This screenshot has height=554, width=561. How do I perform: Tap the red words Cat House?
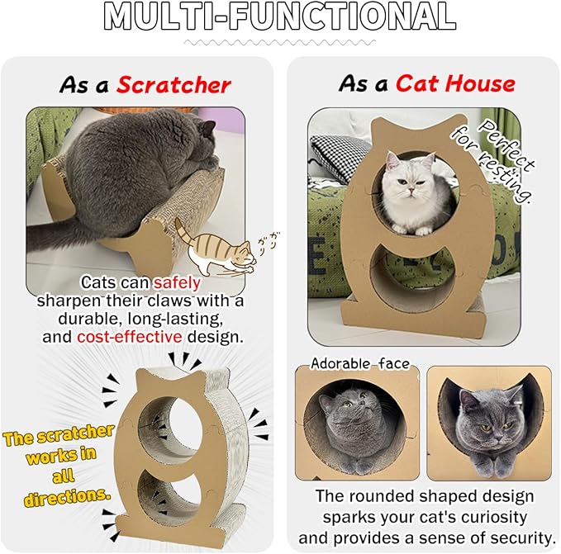coord(454,83)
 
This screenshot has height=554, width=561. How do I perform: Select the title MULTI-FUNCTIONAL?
coord(280,17)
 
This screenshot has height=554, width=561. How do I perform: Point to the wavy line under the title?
coord(280,41)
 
